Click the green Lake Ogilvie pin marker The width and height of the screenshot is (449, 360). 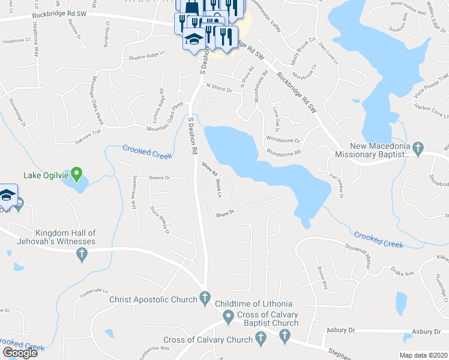click(x=76, y=175)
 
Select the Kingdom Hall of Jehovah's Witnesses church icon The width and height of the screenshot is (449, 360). click(x=82, y=254)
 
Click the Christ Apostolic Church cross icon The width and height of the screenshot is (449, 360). click(x=204, y=297)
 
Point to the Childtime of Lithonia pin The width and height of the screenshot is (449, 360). click(x=228, y=316)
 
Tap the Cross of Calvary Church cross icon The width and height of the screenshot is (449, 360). click(x=261, y=340)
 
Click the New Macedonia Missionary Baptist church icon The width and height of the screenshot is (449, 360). click(x=418, y=147)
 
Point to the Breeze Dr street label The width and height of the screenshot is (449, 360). click(x=160, y=178)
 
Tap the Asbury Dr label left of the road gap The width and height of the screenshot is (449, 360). click(x=341, y=330)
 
